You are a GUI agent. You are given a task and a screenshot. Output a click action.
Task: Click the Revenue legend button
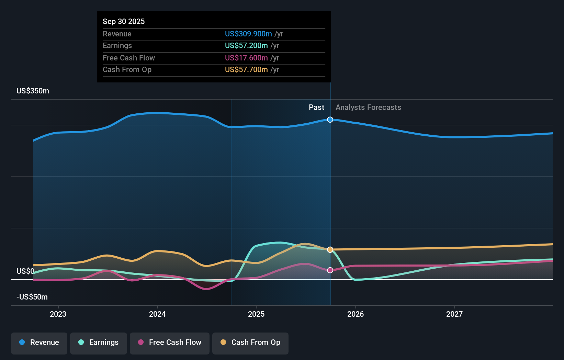pos(39,342)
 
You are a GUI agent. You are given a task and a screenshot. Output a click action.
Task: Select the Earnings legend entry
pos(99,342)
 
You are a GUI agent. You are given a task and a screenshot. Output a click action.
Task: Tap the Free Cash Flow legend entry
pos(170,342)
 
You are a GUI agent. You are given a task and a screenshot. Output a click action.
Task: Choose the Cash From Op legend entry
pos(250,342)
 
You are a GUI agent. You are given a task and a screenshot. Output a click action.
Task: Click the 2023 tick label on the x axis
pos(58,314)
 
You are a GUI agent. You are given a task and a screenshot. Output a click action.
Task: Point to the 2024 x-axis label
pos(157,314)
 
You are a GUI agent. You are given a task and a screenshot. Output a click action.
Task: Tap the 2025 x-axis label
pos(256,314)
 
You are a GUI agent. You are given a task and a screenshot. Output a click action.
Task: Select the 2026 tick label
pos(356,314)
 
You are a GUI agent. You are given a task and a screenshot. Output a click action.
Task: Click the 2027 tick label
pos(454,314)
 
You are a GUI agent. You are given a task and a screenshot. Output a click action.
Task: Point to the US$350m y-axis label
pos(33,91)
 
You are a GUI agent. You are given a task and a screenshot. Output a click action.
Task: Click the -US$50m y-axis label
pos(32,297)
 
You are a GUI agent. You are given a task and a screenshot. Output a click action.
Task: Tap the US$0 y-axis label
pos(25,271)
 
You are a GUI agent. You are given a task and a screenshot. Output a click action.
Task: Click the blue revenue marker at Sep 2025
pos(330,120)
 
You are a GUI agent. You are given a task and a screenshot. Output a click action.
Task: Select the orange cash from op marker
pos(330,250)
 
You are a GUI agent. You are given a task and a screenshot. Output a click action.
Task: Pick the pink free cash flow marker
pos(330,270)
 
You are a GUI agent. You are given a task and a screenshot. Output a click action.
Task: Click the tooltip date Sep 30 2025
pos(124,21)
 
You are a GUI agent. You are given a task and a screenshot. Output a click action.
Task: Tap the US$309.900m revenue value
pos(248,34)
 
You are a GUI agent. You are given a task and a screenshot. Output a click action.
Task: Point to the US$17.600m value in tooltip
pos(246,58)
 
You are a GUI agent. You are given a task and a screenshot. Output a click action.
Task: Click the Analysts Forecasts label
pos(368,108)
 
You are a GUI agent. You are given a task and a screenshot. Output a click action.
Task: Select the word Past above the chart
pos(316,108)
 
